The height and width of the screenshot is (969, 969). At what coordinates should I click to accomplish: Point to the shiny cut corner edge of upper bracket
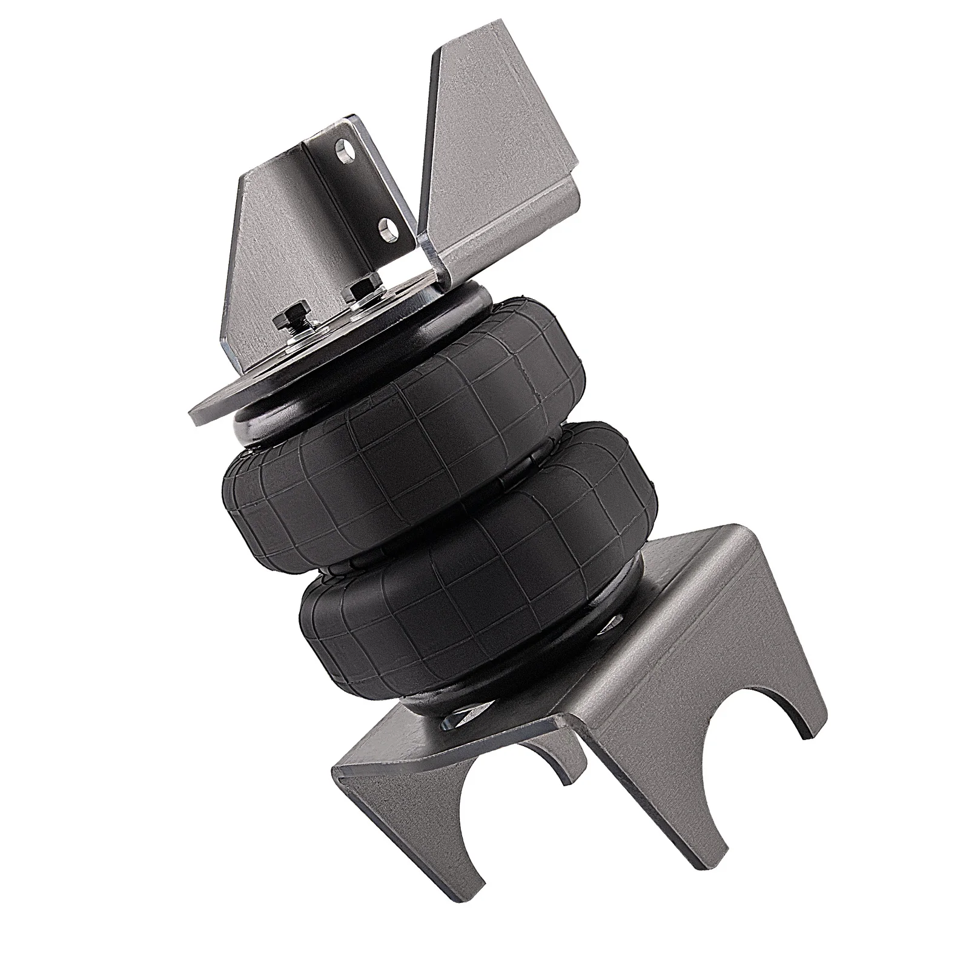(431, 266)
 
